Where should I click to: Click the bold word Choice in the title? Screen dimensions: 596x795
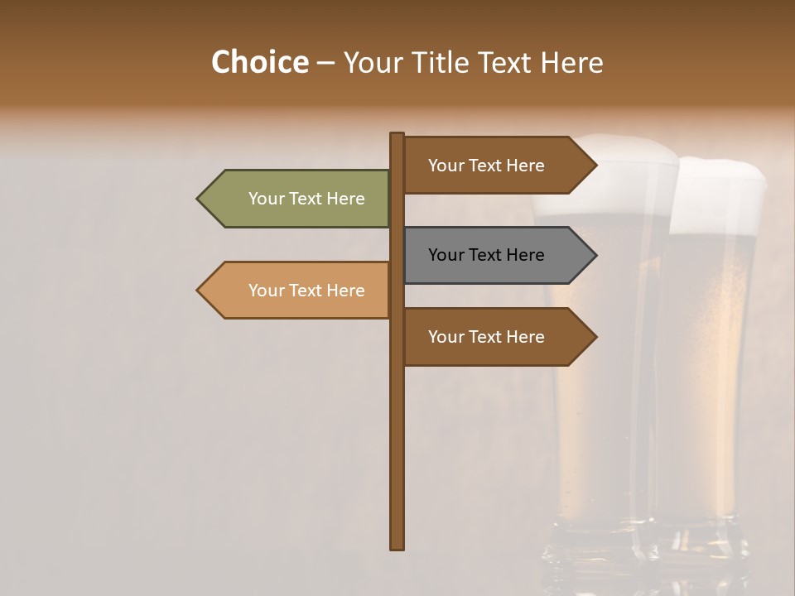coord(259,62)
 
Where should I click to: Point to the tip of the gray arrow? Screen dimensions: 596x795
coord(595,255)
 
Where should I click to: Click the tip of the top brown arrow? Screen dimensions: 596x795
coord(595,166)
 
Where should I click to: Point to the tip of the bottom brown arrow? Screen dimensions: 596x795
coord(595,337)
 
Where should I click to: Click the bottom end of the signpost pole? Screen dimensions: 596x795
coord(397,546)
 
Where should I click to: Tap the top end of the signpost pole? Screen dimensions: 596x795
coord(397,135)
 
